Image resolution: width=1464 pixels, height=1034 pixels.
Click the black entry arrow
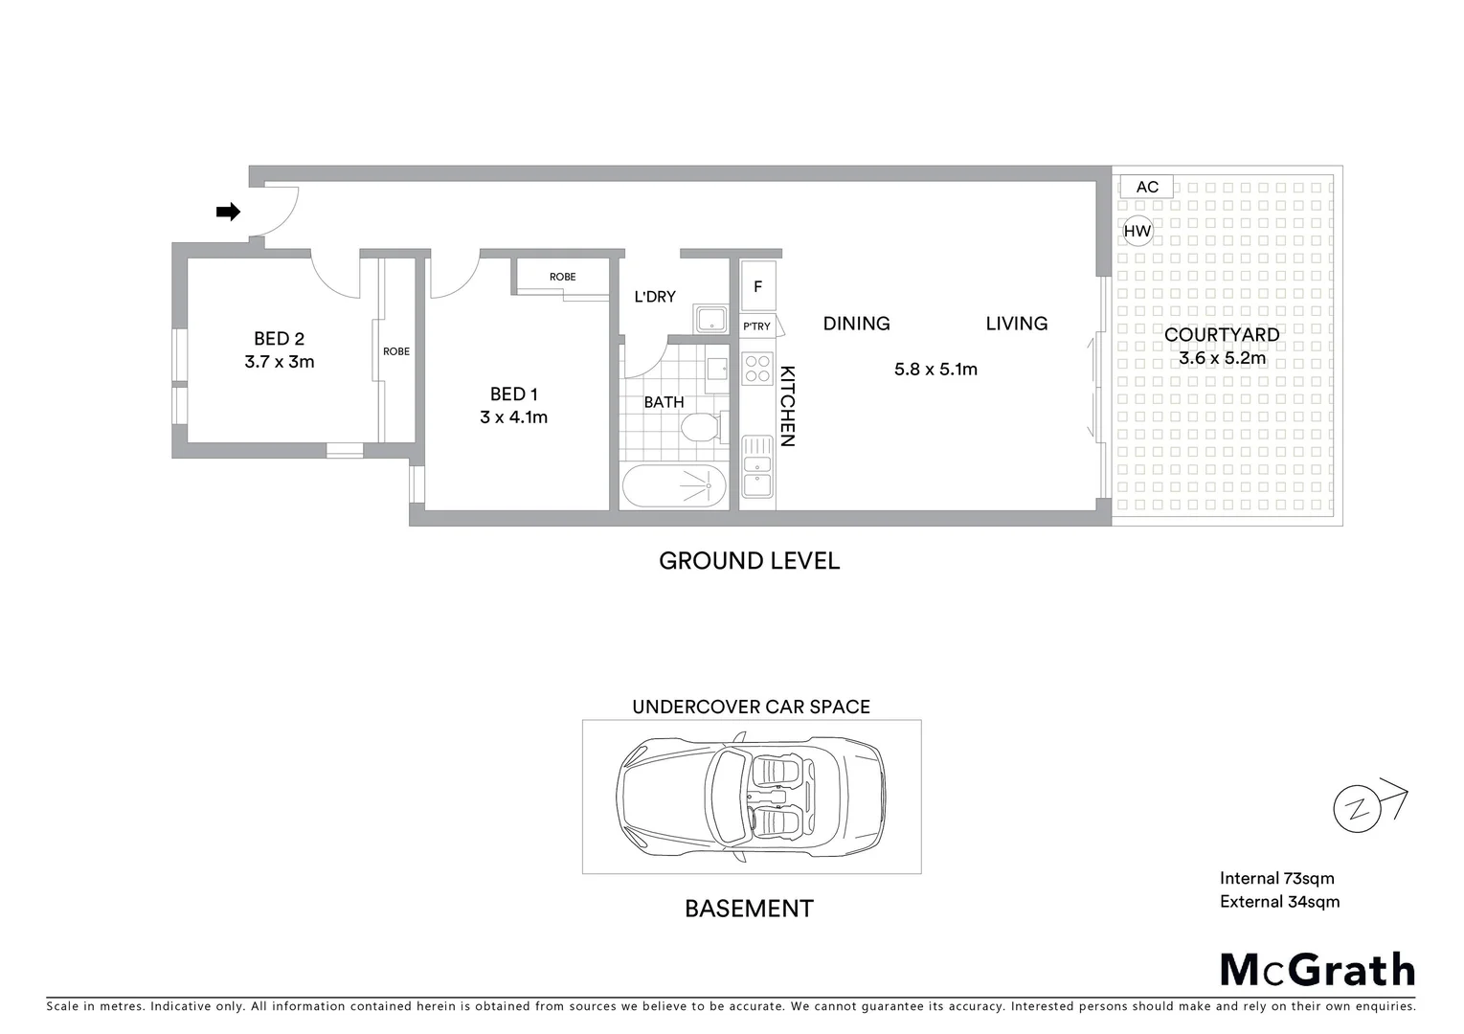[x=228, y=213]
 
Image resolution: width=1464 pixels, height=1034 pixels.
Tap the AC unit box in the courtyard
[x=1147, y=187]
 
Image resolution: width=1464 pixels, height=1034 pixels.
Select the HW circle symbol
[x=1137, y=231]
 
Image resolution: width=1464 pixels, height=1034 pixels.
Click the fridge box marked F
[x=758, y=286]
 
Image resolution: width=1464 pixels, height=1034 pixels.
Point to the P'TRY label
[x=756, y=326]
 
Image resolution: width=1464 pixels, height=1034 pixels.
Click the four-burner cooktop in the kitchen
[x=757, y=369]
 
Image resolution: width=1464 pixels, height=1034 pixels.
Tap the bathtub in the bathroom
[x=674, y=486]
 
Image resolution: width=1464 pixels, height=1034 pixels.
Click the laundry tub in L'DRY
[x=710, y=320]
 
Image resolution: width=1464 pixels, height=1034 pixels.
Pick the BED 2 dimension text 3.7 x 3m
[x=279, y=362]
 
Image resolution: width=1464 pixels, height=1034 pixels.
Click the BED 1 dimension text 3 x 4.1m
[x=513, y=417]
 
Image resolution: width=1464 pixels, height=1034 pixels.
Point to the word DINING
[x=856, y=324]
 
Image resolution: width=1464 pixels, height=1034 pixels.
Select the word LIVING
[x=1016, y=324]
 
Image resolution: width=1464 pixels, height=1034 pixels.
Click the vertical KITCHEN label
[x=787, y=406]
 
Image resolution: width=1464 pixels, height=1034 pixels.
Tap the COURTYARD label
[x=1222, y=335]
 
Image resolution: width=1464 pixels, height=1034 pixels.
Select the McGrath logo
[x=1317, y=970]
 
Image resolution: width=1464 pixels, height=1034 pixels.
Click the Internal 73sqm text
[x=1276, y=878]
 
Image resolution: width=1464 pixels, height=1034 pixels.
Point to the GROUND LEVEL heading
[x=749, y=561]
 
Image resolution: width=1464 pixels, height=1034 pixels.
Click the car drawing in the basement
[x=752, y=796]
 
